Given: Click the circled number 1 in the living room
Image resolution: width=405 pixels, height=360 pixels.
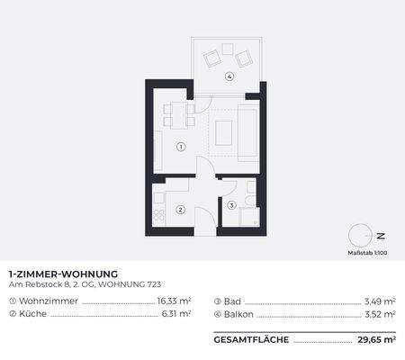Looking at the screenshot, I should pyautogui.click(x=181, y=146).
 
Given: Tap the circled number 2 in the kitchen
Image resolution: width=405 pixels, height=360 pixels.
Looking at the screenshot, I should pyautogui.click(x=180, y=211).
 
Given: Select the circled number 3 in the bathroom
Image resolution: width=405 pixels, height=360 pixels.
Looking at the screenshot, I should pyautogui.click(x=232, y=205).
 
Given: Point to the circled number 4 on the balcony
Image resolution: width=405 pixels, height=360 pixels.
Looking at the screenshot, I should pyautogui.click(x=230, y=76).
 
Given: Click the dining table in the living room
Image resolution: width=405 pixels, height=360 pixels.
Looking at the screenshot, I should pyautogui.click(x=177, y=114).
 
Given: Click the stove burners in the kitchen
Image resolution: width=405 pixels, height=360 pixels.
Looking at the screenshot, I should pyautogui.click(x=158, y=216).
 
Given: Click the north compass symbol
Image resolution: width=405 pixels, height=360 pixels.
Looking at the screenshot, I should pyautogui.click(x=361, y=236).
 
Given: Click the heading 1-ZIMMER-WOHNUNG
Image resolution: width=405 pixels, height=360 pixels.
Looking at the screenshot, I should pyautogui.click(x=63, y=274).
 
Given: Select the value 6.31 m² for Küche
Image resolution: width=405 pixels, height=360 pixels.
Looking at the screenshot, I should pyautogui.click(x=175, y=314).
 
